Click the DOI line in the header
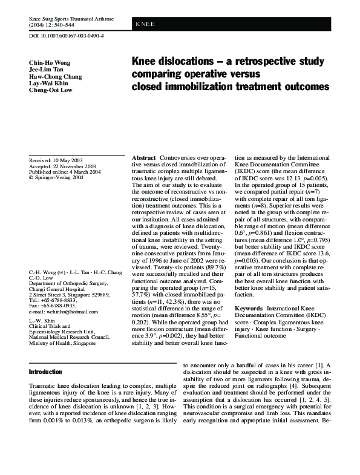click(x=67, y=36)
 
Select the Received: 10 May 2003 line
click(x=56, y=160)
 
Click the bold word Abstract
click(x=144, y=157)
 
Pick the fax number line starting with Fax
click(x=52, y=306)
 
